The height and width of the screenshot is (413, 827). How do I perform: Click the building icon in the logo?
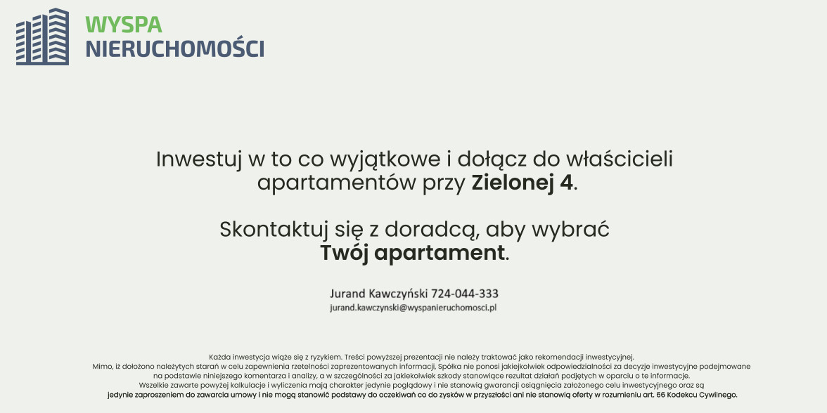pos(42,37)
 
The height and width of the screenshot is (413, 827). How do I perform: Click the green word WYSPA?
pos(124,25)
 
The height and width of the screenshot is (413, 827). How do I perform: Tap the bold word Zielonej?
pos(513,183)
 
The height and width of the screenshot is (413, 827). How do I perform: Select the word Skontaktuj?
pos(273,230)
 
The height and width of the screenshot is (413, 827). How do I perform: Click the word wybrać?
pos(570,230)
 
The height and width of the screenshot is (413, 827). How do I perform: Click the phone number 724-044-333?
pos(465,294)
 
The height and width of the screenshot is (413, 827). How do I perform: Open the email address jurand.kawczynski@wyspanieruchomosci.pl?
pos(413,308)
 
